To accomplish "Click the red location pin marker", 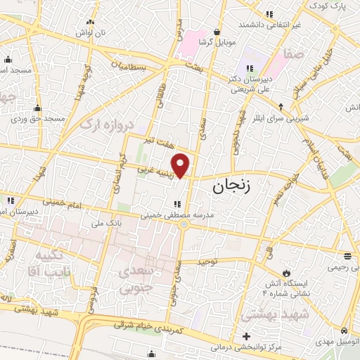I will click(x=181, y=165).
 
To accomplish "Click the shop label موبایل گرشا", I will click(x=214, y=43).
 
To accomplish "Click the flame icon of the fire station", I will click(x=286, y=273).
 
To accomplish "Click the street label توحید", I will click(x=210, y=262).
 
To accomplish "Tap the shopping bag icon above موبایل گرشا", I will click(x=216, y=32).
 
